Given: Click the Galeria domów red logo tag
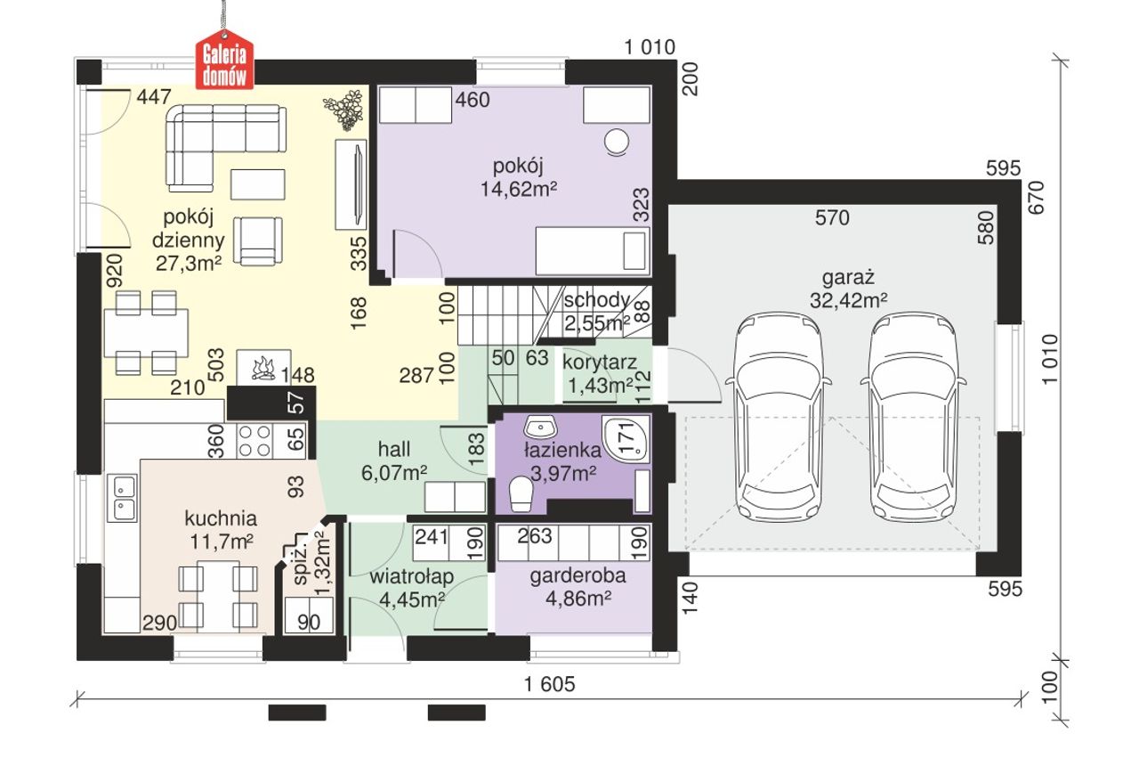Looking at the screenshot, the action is [x=225, y=60].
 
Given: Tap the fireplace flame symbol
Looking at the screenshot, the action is [x=263, y=368].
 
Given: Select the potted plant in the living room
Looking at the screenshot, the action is [x=344, y=110].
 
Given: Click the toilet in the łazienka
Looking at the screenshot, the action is [x=521, y=493].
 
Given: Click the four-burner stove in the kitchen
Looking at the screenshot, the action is [x=254, y=441].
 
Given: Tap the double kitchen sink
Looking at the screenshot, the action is [x=122, y=498].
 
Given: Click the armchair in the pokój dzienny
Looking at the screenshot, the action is [x=258, y=240].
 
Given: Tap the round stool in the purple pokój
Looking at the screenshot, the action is [x=617, y=141].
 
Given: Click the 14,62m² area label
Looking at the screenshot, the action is [x=519, y=190].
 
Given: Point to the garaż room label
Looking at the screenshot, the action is [x=848, y=278].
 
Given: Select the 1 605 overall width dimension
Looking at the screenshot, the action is [x=550, y=684].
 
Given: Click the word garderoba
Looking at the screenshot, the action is [x=578, y=575].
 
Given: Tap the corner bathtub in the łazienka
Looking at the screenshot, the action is [x=626, y=439].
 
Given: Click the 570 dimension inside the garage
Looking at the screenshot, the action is [x=832, y=218].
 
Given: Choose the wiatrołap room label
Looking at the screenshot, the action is [x=412, y=576].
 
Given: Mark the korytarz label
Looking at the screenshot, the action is [x=600, y=362].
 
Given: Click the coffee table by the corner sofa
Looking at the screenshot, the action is [x=258, y=184].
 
